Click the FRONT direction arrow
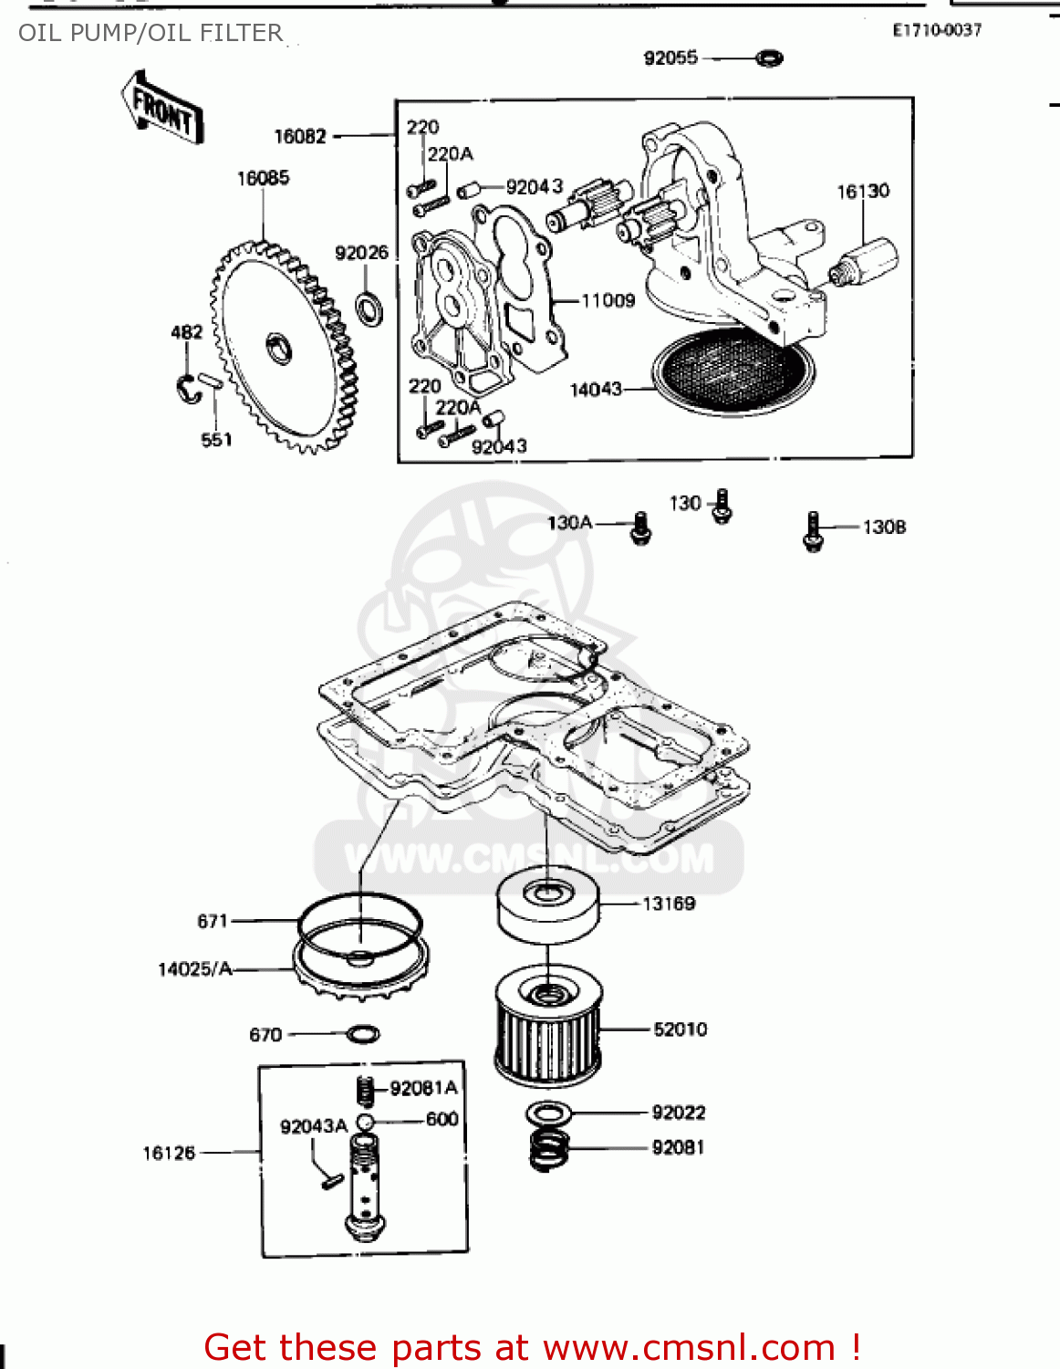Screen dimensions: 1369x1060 pyautogui.click(x=162, y=109)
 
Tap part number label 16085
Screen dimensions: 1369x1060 pyautogui.click(x=263, y=178)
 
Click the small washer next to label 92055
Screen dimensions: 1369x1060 pyautogui.click(x=769, y=58)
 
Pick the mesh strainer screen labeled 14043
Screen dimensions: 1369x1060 pyautogui.click(x=733, y=370)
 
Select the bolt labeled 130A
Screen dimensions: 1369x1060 pyautogui.click(x=641, y=528)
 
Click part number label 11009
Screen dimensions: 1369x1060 pyautogui.click(x=608, y=300)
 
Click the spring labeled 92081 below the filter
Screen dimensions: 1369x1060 pyautogui.click(x=549, y=1149)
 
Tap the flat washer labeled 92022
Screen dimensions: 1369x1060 pyautogui.click(x=549, y=1113)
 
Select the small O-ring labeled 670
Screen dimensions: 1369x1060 pyautogui.click(x=363, y=1034)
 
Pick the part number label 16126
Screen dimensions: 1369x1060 pyautogui.click(x=169, y=1153)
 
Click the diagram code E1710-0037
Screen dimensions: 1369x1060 pyautogui.click(x=937, y=30)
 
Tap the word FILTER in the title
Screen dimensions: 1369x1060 pyautogui.click(x=242, y=33)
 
